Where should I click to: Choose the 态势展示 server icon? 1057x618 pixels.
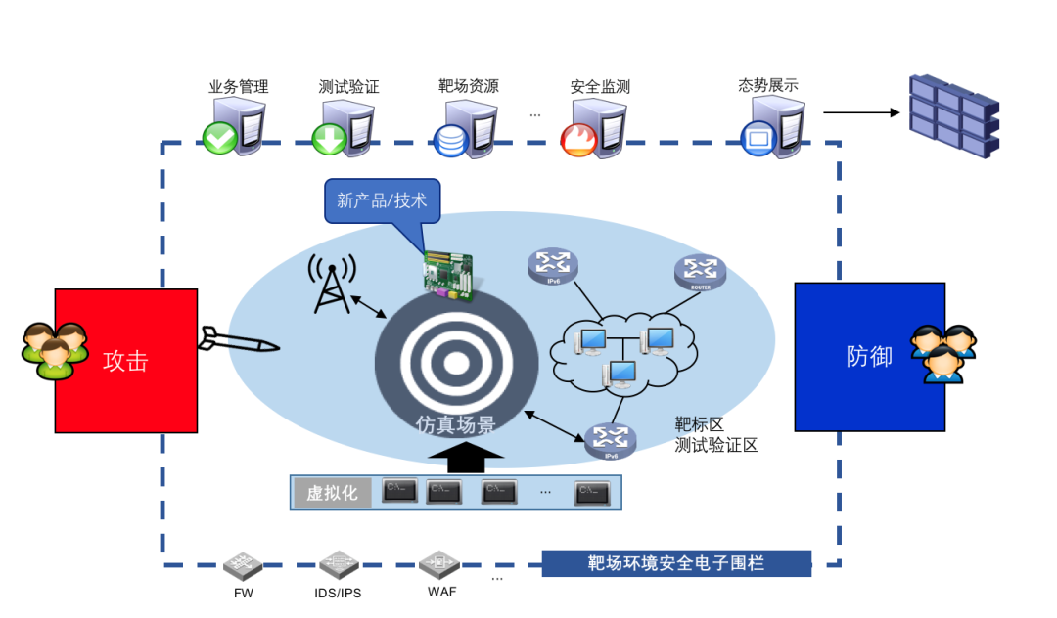tap(773, 127)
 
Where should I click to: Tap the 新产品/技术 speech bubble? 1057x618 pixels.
tap(383, 200)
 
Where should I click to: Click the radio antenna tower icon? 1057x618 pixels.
tap(330, 284)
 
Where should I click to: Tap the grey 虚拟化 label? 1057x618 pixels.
tap(331, 493)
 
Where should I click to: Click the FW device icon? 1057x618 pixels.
tap(243, 565)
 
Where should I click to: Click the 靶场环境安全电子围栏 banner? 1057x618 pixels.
tap(676, 563)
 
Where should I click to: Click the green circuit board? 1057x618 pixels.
tap(448, 274)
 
